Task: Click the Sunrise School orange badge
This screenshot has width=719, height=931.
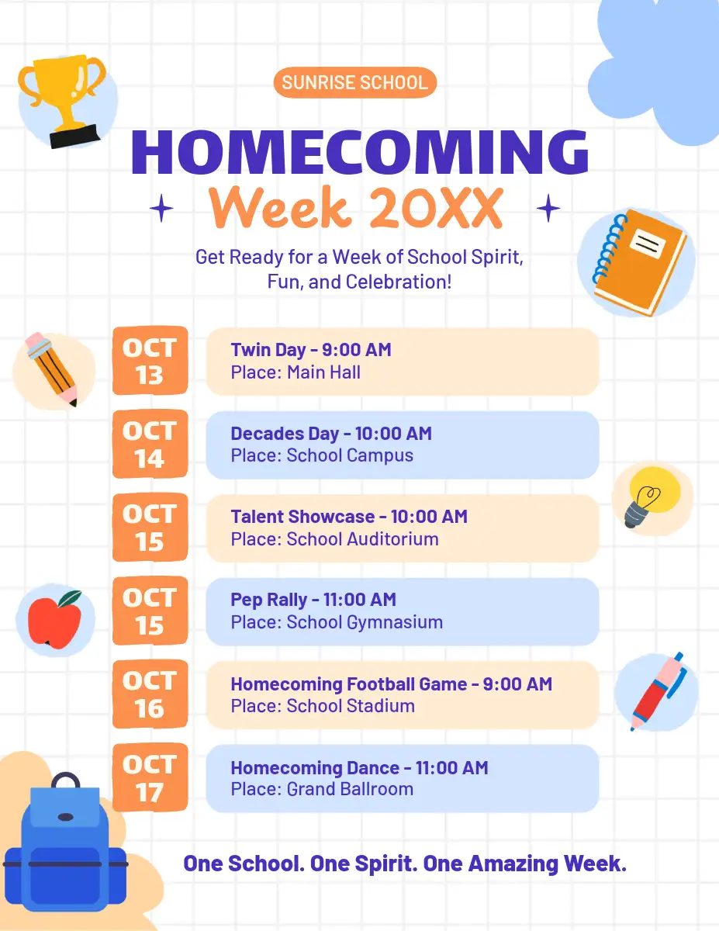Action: tap(355, 82)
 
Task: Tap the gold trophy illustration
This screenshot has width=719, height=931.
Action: tap(62, 101)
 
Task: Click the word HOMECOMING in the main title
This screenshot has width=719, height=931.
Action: tap(360, 152)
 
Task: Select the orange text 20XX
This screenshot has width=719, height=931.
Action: tap(437, 208)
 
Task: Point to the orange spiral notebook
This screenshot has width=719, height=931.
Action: tap(640, 263)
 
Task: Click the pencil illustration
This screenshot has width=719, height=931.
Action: tap(51, 369)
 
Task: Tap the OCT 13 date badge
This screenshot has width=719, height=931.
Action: tap(150, 360)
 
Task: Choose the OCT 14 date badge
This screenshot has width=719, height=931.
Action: tap(150, 444)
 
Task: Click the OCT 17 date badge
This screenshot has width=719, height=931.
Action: tap(150, 777)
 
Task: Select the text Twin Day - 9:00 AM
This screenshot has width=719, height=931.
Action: tap(311, 350)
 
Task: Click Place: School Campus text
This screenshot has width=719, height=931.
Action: tap(322, 455)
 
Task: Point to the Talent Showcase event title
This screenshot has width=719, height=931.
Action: tap(302, 516)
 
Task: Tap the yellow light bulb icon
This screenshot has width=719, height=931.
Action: tap(652, 497)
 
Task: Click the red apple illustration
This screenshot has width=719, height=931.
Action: tap(55, 620)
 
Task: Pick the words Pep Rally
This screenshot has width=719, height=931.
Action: tap(269, 600)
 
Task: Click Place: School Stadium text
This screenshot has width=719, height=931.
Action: tap(323, 706)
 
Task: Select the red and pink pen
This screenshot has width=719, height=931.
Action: tap(659, 692)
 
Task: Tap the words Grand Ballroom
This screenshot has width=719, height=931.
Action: tap(350, 789)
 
